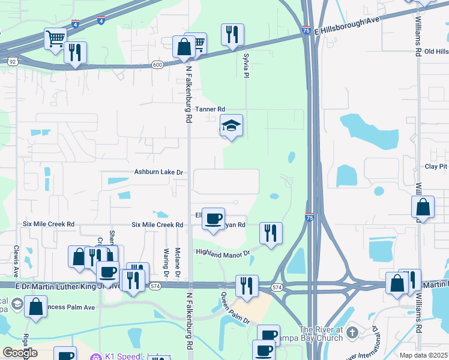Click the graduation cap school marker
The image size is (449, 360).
pos(231,127)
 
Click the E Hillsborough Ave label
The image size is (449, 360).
pos(350,25)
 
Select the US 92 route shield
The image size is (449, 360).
pos(13,61)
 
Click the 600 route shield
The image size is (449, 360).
pos(157,65)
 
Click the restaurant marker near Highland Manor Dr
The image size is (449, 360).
pos(271,233)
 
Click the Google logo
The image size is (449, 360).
pos(20,353)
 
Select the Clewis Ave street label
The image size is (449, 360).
pos(16,256)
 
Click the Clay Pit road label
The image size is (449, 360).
pos(436,166)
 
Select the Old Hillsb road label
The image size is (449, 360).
pos(436,52)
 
